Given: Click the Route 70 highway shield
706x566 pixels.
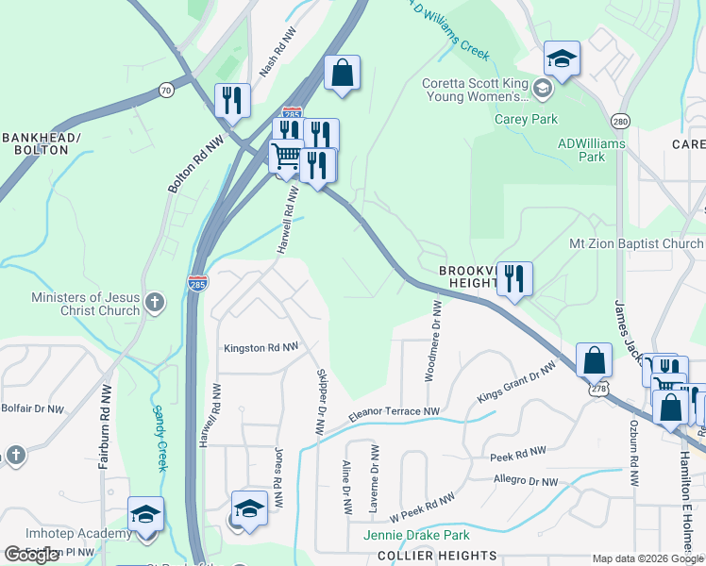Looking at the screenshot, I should click(166, 91).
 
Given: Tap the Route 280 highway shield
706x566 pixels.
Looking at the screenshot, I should click(620, 122).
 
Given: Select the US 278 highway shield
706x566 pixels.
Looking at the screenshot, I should click(598, 389).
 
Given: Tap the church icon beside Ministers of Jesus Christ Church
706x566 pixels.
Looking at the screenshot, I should click(155, 303).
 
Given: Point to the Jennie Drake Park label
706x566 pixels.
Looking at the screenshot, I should click(415, 536).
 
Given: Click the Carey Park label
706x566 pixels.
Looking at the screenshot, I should click(526, 119).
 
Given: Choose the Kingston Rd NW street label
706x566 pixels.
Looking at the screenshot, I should click(261, 348).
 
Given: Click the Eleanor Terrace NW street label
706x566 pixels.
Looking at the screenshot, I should click(395, 412).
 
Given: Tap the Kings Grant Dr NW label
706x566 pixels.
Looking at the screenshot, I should click(514, 386).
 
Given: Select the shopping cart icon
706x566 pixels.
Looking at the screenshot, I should click(286, 156).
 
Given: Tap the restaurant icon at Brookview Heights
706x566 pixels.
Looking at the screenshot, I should click(514, 278).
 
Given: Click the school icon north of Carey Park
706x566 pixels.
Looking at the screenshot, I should click(562, 59).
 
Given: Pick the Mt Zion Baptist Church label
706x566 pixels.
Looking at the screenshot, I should click(636, 243).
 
